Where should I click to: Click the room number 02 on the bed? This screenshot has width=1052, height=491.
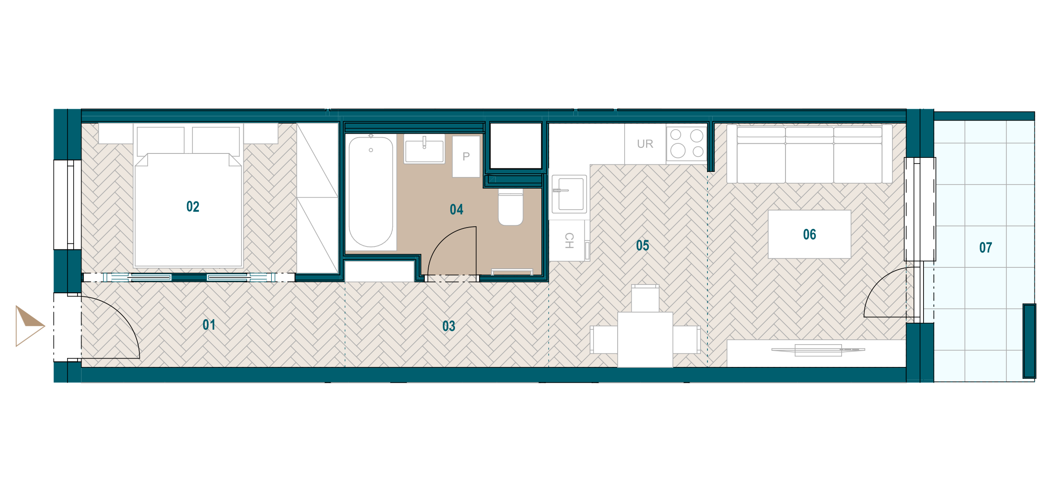click(x=193, y=206)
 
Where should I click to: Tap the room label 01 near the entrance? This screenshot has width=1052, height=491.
click(x=209, y=325)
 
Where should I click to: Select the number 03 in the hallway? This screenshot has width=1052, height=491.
click(x=449, y=326)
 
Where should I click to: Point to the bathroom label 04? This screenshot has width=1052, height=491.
click(x=457, y=210)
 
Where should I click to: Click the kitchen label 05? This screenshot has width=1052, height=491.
click(x=643, y=245)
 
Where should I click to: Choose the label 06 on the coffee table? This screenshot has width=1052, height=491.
click(x=810, y=235)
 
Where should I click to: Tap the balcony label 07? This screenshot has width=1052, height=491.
click(x=986, y=248)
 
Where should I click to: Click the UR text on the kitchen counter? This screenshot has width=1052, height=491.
click(x=645, y=144)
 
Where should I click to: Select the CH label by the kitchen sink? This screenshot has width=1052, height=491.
click(x=569, y=241)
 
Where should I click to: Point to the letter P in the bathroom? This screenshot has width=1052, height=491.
click(x=466, y=157)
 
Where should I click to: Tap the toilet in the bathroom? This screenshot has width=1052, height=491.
click(x=511, y=207)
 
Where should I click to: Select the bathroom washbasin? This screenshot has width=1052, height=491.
click(x=424, y=149)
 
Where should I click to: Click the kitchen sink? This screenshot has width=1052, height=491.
click(x=569, y=194)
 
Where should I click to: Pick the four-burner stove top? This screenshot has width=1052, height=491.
click(x=687, y=144)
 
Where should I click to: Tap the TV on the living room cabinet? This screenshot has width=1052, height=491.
click(x=818, y=350)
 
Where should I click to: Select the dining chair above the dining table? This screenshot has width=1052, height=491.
click(x=645, y=299)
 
